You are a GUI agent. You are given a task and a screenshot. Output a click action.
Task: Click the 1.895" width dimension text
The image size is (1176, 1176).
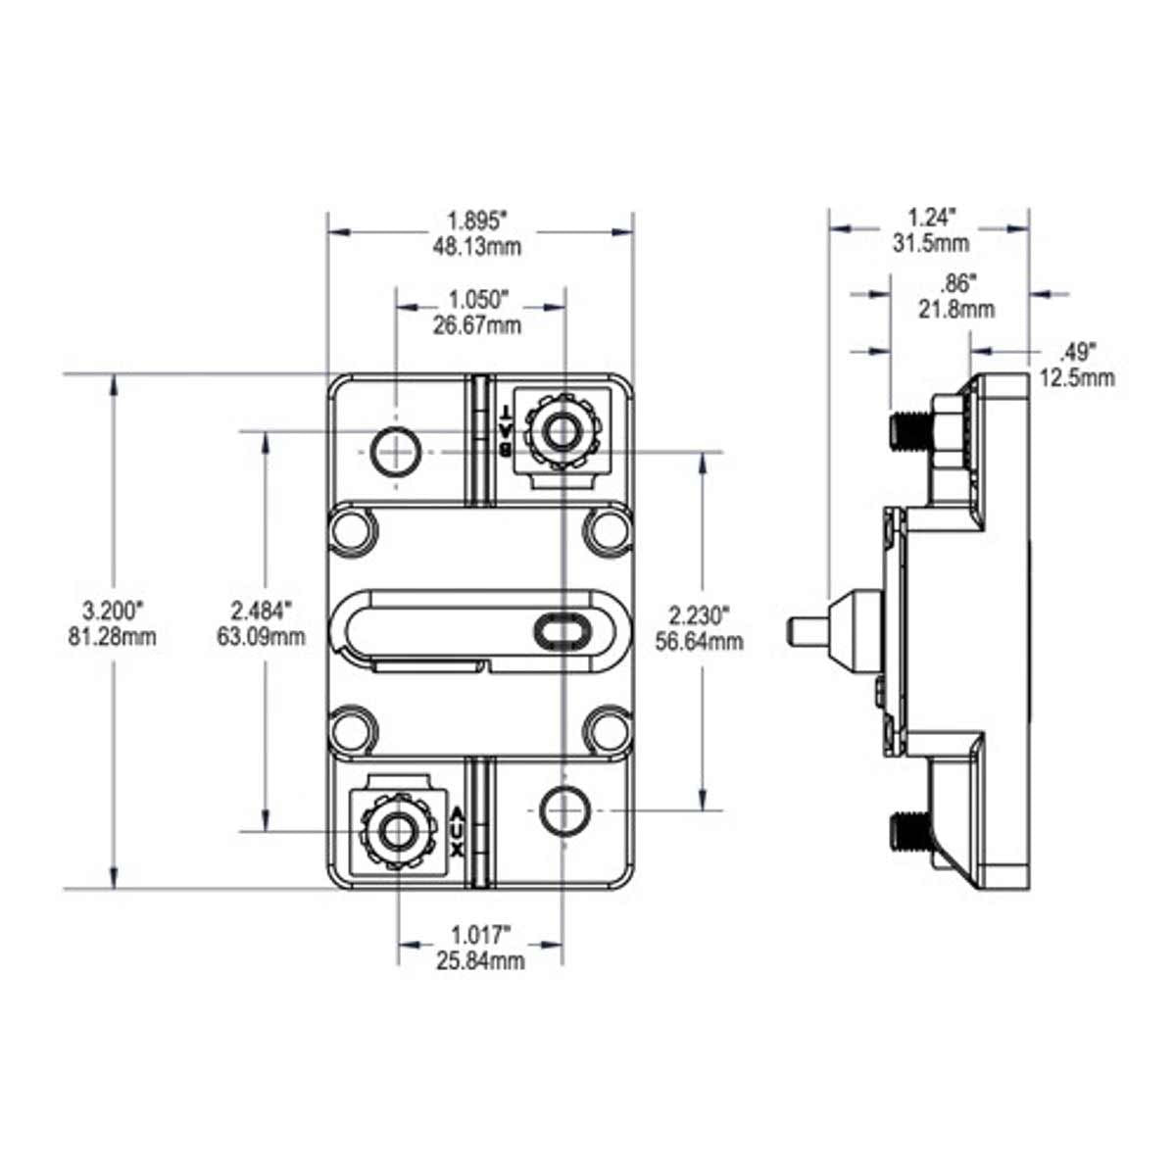pos(477,220)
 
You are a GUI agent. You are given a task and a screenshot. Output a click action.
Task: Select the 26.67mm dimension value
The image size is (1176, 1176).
pos(477,325)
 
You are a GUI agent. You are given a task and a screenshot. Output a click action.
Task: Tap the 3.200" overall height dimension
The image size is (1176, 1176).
pos(115,611)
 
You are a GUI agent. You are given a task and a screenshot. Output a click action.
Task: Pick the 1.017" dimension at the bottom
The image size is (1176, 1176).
pos(479,934)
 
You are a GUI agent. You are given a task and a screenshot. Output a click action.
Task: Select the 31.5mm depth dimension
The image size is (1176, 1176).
pos(931,243)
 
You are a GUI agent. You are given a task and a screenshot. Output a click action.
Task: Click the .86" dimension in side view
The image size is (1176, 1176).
pos(957,284)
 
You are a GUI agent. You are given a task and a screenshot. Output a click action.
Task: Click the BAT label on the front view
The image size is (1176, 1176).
pos(504,431)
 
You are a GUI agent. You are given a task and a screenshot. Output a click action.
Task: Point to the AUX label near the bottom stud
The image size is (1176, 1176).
pos(457,830)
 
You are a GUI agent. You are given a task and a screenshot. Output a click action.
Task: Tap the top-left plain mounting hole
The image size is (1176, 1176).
pos(396,452)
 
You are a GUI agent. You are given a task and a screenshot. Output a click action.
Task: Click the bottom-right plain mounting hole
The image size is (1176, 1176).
pos(563,809)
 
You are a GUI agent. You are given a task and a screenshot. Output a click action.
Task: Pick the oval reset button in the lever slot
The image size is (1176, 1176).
pos(561,631)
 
